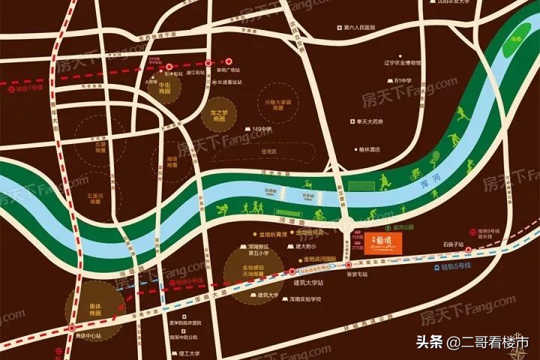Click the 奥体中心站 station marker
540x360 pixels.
tap(71, 328)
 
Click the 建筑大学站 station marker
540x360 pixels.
tap(292, 274)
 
